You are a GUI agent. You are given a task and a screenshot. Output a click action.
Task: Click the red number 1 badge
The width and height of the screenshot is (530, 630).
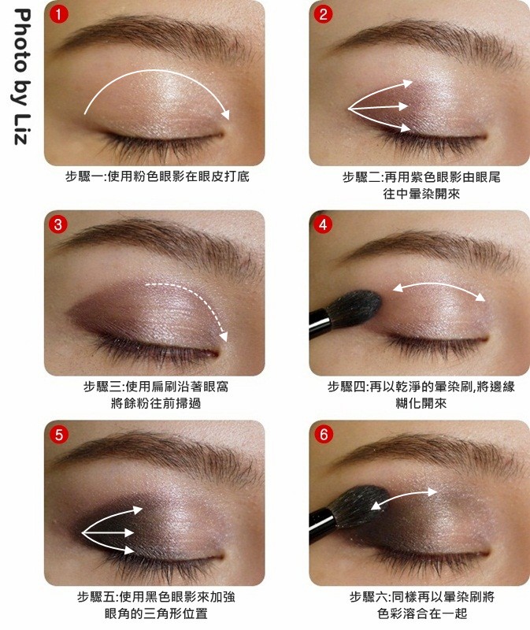[x=58, y=14]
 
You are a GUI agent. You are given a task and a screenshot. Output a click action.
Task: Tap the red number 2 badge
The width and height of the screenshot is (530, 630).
[x=323, y=14]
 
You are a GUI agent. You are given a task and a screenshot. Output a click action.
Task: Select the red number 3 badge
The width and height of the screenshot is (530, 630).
[x=57, y=224]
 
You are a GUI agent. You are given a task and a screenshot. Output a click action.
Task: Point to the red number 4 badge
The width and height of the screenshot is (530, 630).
[x=323, y=224]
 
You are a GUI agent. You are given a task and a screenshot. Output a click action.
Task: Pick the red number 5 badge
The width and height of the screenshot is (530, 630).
[x=58, y=435]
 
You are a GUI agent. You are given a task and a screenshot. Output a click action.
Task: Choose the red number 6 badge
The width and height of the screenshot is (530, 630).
[x=324, y=435]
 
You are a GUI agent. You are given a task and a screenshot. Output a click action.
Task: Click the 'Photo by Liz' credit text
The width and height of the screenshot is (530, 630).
[x=21, y=76]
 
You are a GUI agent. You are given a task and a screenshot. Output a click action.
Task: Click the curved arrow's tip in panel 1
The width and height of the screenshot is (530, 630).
[x=227, y=114]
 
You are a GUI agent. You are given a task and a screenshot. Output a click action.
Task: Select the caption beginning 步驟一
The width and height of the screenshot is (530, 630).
[x=158, y=176]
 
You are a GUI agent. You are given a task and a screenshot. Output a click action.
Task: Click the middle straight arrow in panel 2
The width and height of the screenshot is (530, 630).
[x=378, y=108]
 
